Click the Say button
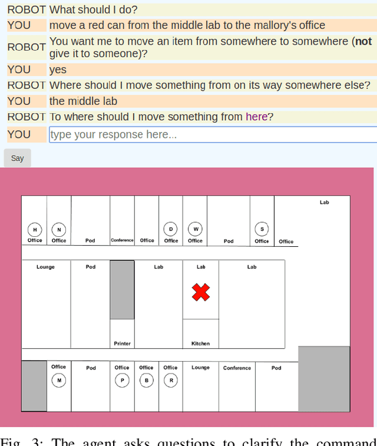17,158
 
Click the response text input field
212,134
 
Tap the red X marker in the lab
201,292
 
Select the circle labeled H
35,229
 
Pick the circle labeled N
58,229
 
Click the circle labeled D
171,229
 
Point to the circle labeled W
195,229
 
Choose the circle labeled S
262,229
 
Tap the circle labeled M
58,381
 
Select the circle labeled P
122,381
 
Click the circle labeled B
146,381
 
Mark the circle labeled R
170,381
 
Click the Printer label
122,343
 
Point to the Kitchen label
200,343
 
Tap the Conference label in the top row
122,240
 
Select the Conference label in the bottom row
237,368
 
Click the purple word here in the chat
256,117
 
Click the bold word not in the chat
363,41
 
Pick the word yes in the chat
58,70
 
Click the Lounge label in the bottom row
200,368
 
